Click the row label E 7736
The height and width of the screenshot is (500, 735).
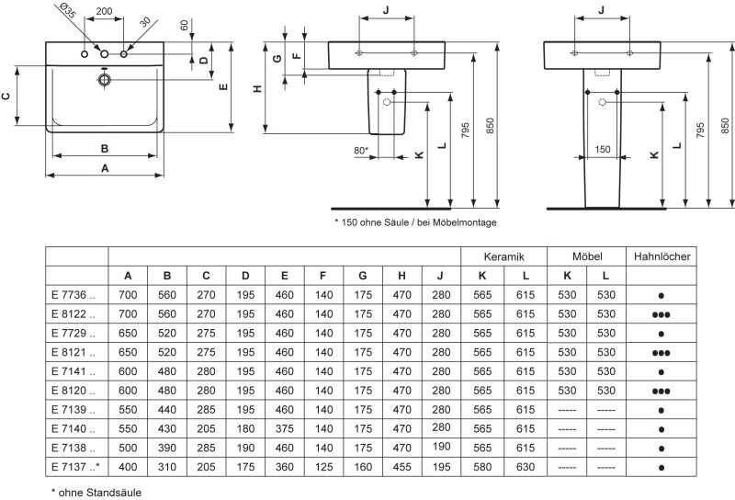tap(77, 294)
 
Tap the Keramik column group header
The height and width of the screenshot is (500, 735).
tap(505, 256)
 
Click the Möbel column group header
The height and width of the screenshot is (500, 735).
tap(586, 256)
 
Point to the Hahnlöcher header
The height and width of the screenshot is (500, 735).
tap(661, 256)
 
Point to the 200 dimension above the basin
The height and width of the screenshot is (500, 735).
tap(104, 11)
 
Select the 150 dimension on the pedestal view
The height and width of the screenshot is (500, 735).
tap(602, 148)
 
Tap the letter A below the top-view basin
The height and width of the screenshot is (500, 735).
tap(105, 168)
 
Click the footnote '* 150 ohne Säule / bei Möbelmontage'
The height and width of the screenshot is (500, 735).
tap(414, 222)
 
